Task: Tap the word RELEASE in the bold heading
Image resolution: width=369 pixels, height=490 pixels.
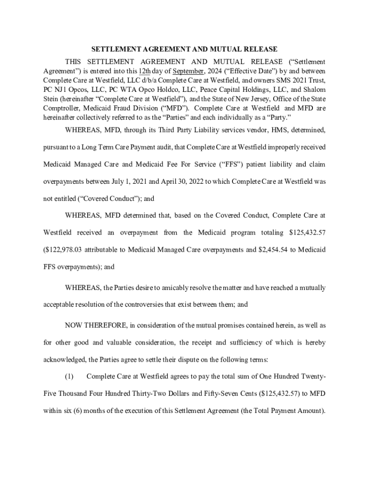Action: (x=260, y=49)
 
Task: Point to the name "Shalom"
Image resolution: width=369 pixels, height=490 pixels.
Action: (x=314, y=90)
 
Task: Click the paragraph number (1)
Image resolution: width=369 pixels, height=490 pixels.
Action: (x=69, y=377)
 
